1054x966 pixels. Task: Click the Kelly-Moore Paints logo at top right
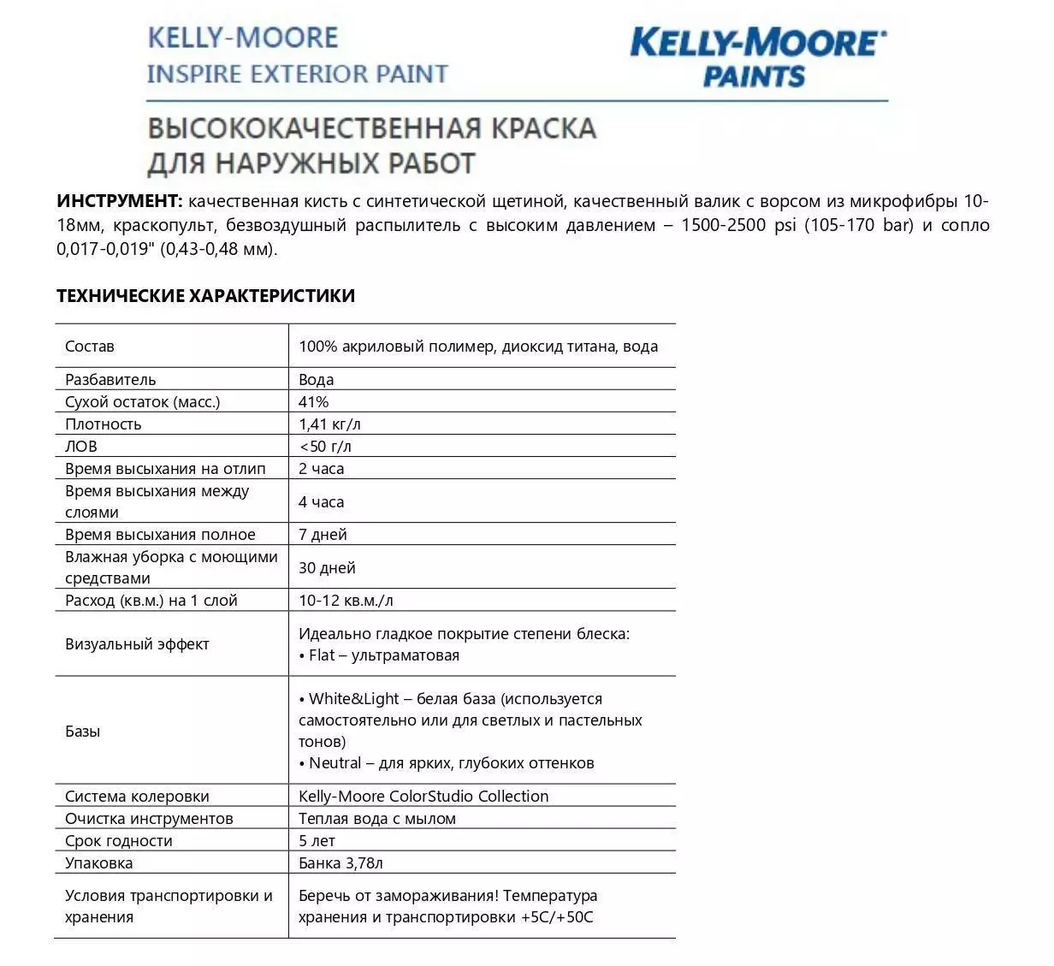pyautogui.click(x=757, y=56)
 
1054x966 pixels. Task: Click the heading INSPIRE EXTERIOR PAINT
pyautogui.click(x=297, y=74)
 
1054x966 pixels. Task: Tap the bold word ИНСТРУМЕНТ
pyautogui.click(x=119, y=201)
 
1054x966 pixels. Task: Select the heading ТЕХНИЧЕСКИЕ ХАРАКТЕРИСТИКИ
pyautogui.click(x=205, y=295)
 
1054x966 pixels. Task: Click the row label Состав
pyautogui.click(x=89, y=347)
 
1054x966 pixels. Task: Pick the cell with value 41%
pyautogui.click(x=313, y=401)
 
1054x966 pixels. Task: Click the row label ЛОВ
pyautogui.click(x=80, y=446)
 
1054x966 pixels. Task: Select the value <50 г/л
pyautogui.click(x=325, y=446)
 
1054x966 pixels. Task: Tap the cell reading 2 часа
pyautogui.click(x=321, y=468)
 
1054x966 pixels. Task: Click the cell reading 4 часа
pyautogui.click(x=321, y=501)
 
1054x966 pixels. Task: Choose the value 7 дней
pyautogui.click(x=323, y=535)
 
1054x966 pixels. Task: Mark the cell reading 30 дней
pyautogui.click(x=327, y=567)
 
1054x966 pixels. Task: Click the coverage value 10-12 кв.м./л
pyautogui.click(x=346, y=600)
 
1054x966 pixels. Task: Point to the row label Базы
pyautogui.click(x=82, y=731)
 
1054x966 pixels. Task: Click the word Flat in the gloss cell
pyautogui.click(x=322, y=655)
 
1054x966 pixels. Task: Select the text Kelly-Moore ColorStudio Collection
pyautogui.click(x=423, y=796)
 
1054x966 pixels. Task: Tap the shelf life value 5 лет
pyautogui.click(x=317, y=840)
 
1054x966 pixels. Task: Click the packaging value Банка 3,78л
pyautogui.click(x=340, y=862)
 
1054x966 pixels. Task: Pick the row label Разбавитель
pyautogui.click(x=110, y=379)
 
